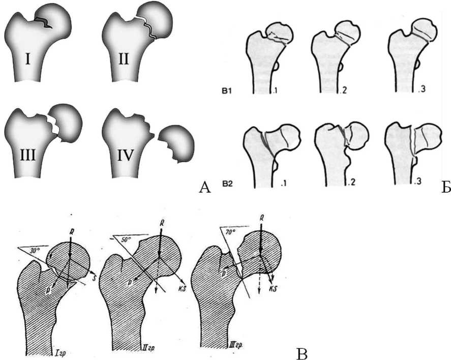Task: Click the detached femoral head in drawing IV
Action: point(175,142)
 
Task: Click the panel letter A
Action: point(204,188)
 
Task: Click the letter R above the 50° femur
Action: point(161,223)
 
